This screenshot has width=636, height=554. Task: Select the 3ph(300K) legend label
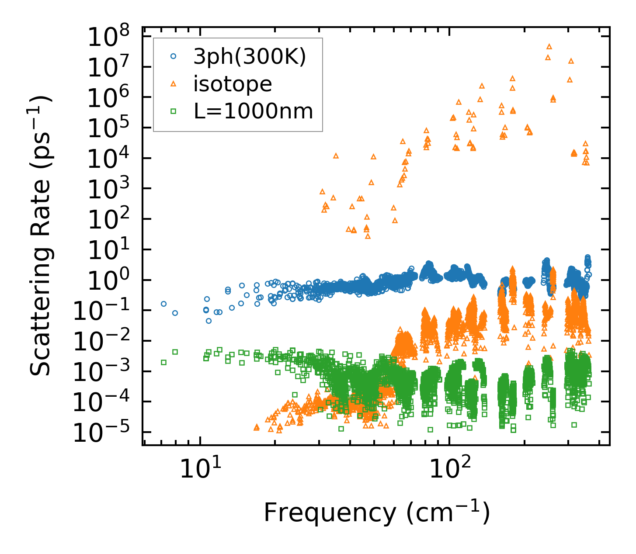tap(250, 57)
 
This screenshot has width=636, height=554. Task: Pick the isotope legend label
tap(233, 84)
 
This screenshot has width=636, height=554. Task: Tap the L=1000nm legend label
tap(254, 111)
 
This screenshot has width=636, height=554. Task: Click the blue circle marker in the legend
tap(173, 56)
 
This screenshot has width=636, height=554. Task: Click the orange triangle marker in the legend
tap(173, 83)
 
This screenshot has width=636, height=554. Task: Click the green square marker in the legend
tap(173, 111)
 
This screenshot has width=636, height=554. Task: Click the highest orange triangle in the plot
tap(549, 46)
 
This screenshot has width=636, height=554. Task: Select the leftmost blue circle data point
tap(164, 304)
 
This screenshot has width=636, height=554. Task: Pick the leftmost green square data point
tap(164, 362)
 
